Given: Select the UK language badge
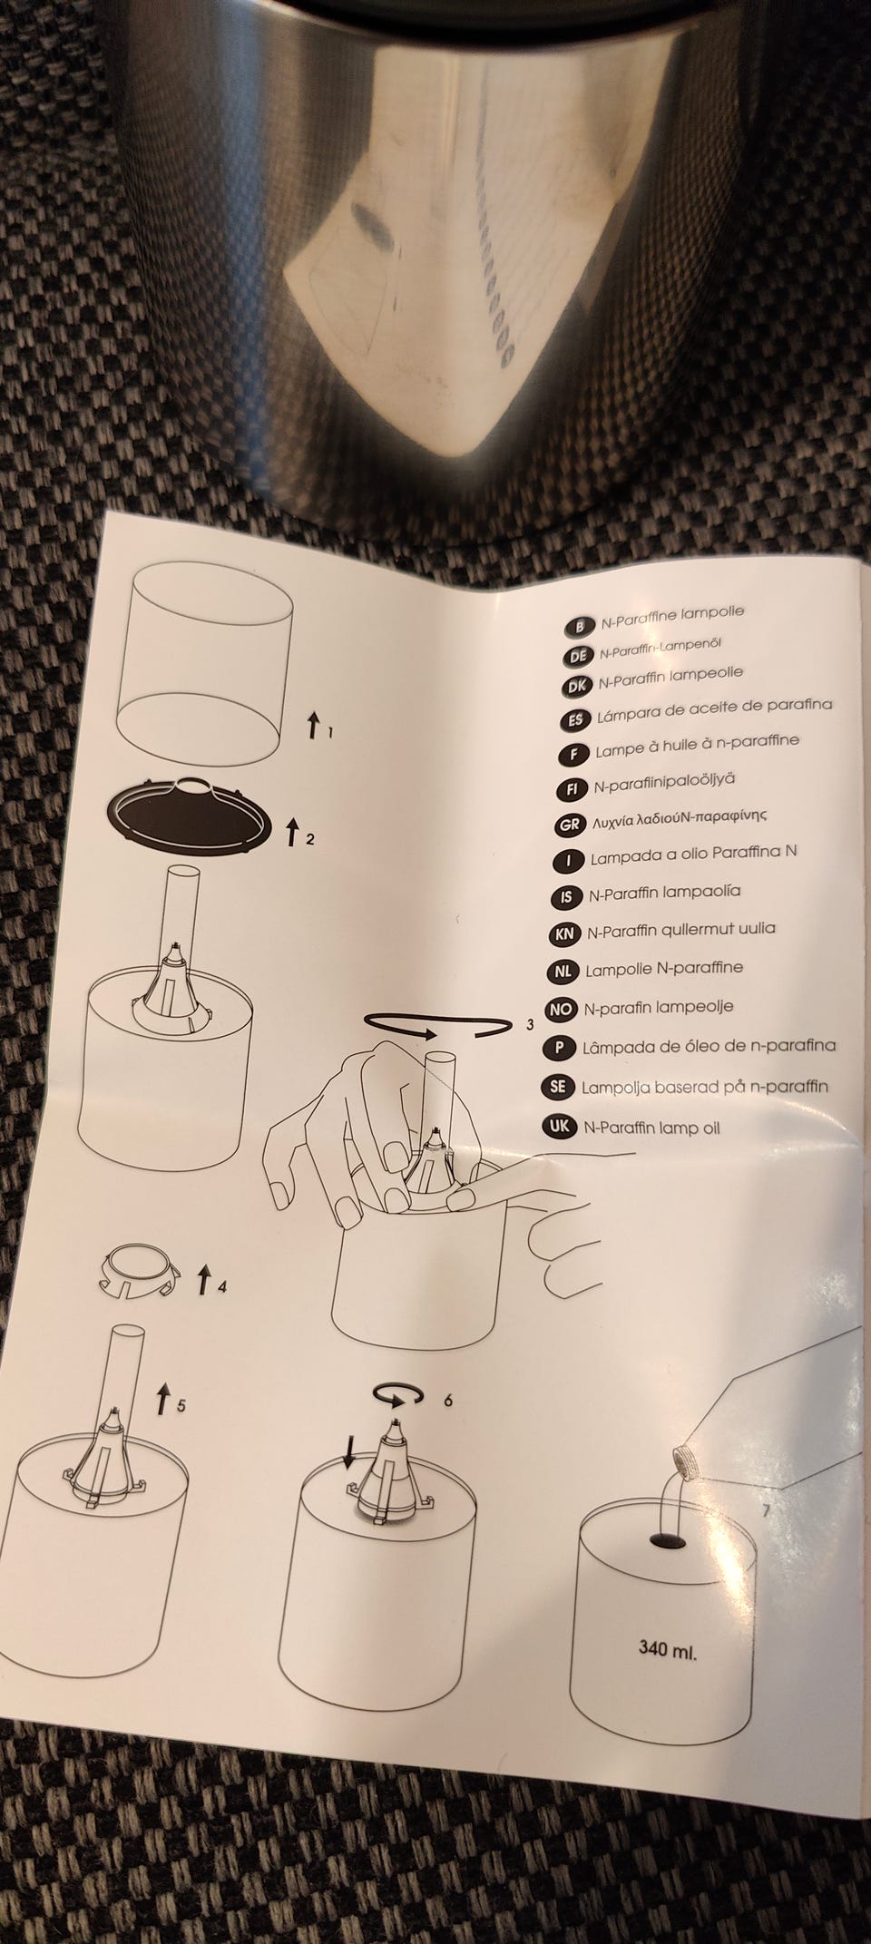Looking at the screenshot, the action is click(x=559, y=1128).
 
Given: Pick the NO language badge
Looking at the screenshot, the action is click(x=562, y=1008).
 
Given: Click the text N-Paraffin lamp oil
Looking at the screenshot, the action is click(x=651, y=1128).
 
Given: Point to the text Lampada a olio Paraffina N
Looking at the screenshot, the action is click(x=693, y=854).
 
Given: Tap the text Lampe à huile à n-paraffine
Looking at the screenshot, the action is click(x=697, y=743).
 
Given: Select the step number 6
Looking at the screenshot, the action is click(x=447, y=1398).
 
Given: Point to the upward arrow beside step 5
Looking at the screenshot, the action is click(x=163, y=1399).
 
